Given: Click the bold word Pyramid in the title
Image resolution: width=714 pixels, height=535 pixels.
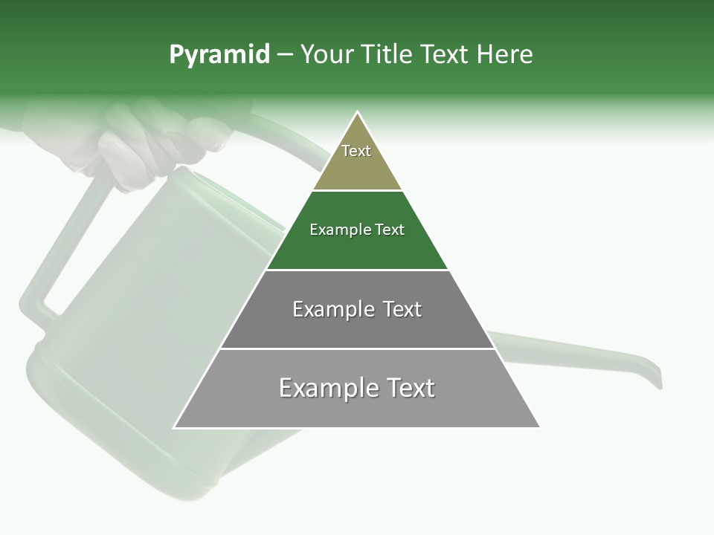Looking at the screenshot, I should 219,55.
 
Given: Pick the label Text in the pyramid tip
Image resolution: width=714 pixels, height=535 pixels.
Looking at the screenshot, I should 356,151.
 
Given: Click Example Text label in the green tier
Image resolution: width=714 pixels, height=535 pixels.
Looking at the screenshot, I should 357,230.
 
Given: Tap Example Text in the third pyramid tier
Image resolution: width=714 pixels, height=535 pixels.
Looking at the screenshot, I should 357,309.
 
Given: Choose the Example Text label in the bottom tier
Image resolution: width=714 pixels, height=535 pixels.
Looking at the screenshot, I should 357,388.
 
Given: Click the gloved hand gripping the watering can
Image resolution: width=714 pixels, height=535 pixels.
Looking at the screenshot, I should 160,141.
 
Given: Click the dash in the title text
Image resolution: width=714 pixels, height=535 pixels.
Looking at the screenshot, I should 285,55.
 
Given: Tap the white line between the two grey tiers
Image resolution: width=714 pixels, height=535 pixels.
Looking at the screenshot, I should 357,348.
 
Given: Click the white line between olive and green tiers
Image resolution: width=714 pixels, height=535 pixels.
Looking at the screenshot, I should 357,191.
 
